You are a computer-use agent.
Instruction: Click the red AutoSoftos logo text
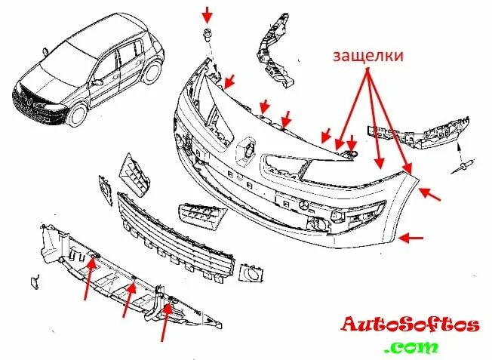pos(411,325)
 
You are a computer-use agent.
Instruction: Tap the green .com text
pos(411,347)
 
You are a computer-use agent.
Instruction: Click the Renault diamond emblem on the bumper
pos(246,149)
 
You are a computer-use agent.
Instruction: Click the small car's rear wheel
pos(153,73)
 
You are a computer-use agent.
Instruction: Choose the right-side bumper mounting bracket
pos(423,134)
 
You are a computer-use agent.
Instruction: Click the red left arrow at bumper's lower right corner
pos(412,238)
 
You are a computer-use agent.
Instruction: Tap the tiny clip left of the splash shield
pos(34,281)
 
